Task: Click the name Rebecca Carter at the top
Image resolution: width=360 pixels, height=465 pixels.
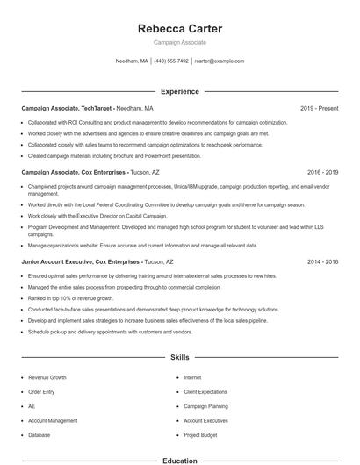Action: pyautogui.click(x=180, y=29)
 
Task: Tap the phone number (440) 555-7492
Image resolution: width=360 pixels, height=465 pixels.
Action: pyautogui.click(x=171, y=61)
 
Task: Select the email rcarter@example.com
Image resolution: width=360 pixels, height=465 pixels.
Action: pyautogui.click(x=219, y=61)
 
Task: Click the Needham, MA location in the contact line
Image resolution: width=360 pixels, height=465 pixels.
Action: pyautogui.click(x=132, y=61)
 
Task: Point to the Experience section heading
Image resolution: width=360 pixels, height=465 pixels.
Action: pyautogui.click(x=180, y=91)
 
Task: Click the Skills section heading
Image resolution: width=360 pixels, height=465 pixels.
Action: pyautogui.click(x=180, y=358)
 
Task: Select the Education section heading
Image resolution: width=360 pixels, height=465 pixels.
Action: pyautogui.click(x=180, y=460)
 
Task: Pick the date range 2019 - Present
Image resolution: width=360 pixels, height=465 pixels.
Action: pyautogui.click(x=319, y=108)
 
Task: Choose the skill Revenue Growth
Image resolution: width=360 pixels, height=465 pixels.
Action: pyautogui.click(x=47, y=376)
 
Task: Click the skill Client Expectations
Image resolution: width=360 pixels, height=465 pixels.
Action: pyautogui.click(x=206, y=391)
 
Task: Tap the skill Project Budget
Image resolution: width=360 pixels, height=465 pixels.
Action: pyautogui.click(x=200, y=434)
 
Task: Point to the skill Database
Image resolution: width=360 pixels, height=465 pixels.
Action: pyautogui.click(x=40, y=434)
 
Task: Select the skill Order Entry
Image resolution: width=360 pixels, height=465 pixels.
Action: pyautogui.click(x=42, y=391)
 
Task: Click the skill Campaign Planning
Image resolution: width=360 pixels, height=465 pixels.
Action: pyautogui.click(x=205, y=406)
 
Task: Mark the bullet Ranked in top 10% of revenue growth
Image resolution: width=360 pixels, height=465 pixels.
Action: pyautogui.click(x=75, y=298)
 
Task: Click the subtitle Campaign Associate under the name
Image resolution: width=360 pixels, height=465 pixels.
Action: pyautogui.click(x=180, y=42)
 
